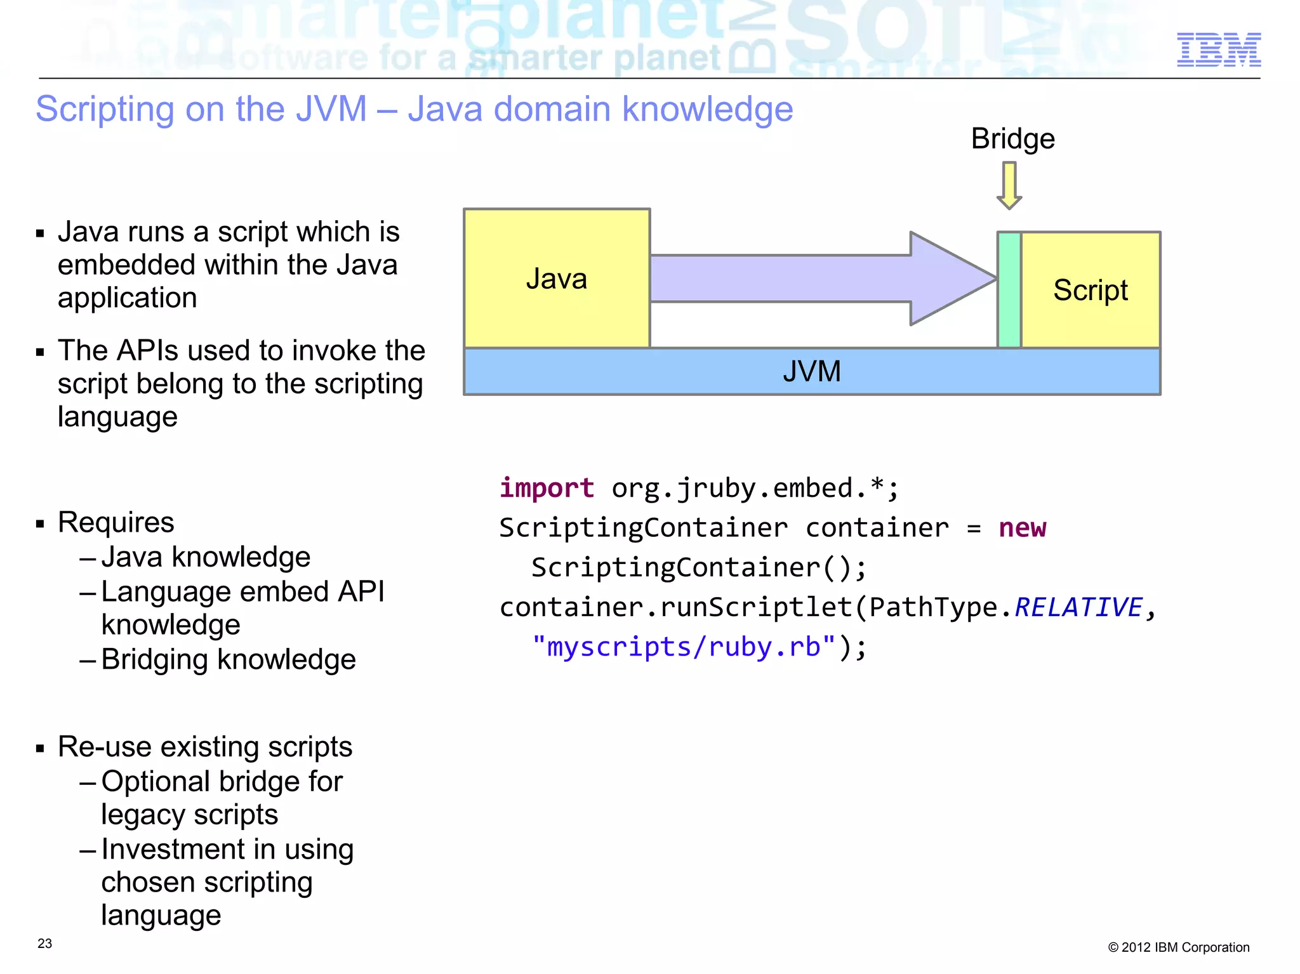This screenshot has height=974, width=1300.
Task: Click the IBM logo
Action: [1218, 49]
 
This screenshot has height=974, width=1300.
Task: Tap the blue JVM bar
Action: [811, 371]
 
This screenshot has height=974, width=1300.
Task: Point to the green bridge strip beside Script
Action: [1009, 289]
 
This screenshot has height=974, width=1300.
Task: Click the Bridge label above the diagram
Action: [1012, 139]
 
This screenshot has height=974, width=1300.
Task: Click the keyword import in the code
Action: [547, 488]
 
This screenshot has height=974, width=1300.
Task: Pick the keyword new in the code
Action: [1022, 527]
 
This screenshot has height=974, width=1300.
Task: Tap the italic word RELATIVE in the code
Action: [1078, 607]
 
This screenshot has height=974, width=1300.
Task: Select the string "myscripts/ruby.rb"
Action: [683, 647]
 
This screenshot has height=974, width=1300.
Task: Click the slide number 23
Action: [44, 944]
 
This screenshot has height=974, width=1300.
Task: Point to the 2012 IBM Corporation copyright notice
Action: [1178, 947]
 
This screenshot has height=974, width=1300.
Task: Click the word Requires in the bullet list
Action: [116, 523]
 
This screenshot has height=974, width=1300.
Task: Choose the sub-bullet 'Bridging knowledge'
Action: [229, 659]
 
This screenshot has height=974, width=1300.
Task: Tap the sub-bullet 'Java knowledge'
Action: [206, 557]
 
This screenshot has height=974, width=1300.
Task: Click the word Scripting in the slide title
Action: [105, 109]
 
